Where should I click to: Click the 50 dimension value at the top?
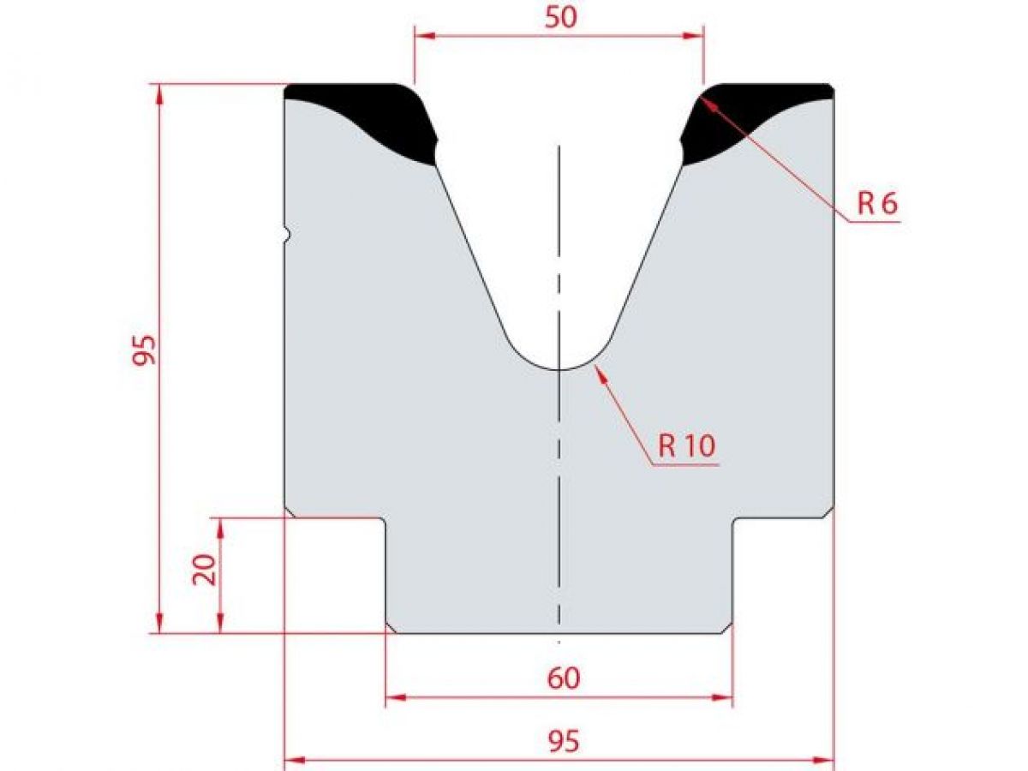pos(560,17)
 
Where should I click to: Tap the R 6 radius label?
pos(876,204)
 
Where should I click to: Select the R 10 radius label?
pos(686,445)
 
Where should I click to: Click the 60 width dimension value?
pos(563,678)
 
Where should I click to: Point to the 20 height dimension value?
pos(205,567)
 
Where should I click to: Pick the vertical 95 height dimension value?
pos(145,349)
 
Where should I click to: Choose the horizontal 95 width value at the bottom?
pos(562,741)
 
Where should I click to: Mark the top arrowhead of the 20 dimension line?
pos(220,525)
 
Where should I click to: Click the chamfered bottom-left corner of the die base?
pos(391,629)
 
